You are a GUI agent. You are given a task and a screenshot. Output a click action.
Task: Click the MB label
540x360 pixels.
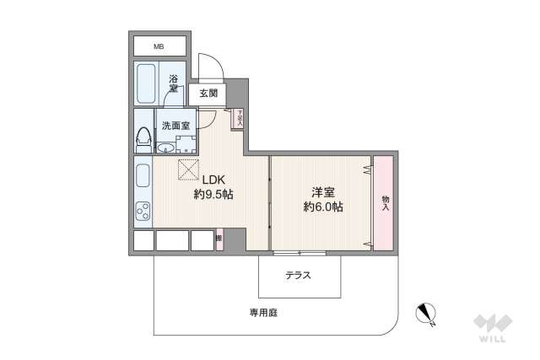(x=159, y=46)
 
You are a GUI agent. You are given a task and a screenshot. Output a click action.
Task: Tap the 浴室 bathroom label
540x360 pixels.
(x=173, y=83)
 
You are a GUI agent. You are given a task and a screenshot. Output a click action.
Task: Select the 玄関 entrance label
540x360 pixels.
(x=208, y=94)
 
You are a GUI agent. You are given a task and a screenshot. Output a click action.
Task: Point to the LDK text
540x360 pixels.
(x=213, y=179)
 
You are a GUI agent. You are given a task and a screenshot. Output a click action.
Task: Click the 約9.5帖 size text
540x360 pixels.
(x=213, y=194)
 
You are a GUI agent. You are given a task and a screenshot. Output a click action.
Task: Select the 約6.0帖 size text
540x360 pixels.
(x=323, y=207)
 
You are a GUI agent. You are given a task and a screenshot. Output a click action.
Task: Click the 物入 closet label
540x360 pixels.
(x=385, y=202)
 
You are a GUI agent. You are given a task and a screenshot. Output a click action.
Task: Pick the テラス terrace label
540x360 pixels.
(x=297, y=275)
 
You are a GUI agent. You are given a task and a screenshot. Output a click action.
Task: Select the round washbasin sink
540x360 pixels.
(x=167, y=148)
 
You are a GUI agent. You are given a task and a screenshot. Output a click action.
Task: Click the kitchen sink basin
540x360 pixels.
(x=142, y=176)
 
